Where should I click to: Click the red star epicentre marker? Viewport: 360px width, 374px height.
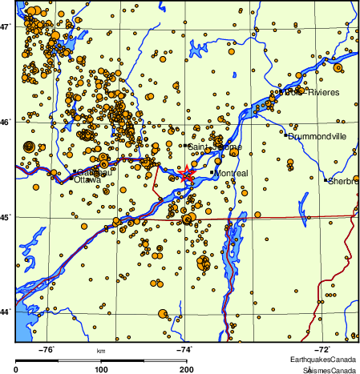click(x=186, y=173)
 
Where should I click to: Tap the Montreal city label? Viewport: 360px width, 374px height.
click(x=233, y=173)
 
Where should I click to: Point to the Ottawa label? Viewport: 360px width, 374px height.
click(x=87, y=180)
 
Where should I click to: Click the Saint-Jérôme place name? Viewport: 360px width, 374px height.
click(x=214, y=147)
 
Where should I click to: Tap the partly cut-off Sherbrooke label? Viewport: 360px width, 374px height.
click(x=344, y=181)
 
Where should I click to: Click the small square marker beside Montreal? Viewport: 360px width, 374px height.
click(x=212, y=172)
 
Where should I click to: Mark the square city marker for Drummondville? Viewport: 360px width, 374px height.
click(x=286, y=135)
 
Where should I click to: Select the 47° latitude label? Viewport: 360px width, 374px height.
click(x=6, y=27)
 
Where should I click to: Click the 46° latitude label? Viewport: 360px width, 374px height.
click(x=6, y=123)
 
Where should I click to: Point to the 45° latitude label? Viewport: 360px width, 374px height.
click(x=6, y=216)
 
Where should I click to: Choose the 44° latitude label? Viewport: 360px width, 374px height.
click(x=6, y=311)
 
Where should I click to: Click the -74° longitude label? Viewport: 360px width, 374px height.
click(x=184, y=349)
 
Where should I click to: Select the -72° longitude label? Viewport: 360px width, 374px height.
click(x=322, y=349)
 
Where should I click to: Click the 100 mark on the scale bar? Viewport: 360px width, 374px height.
click(x=101, y=369)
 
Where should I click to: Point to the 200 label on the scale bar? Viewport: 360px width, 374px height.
click(x=185, y=369)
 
